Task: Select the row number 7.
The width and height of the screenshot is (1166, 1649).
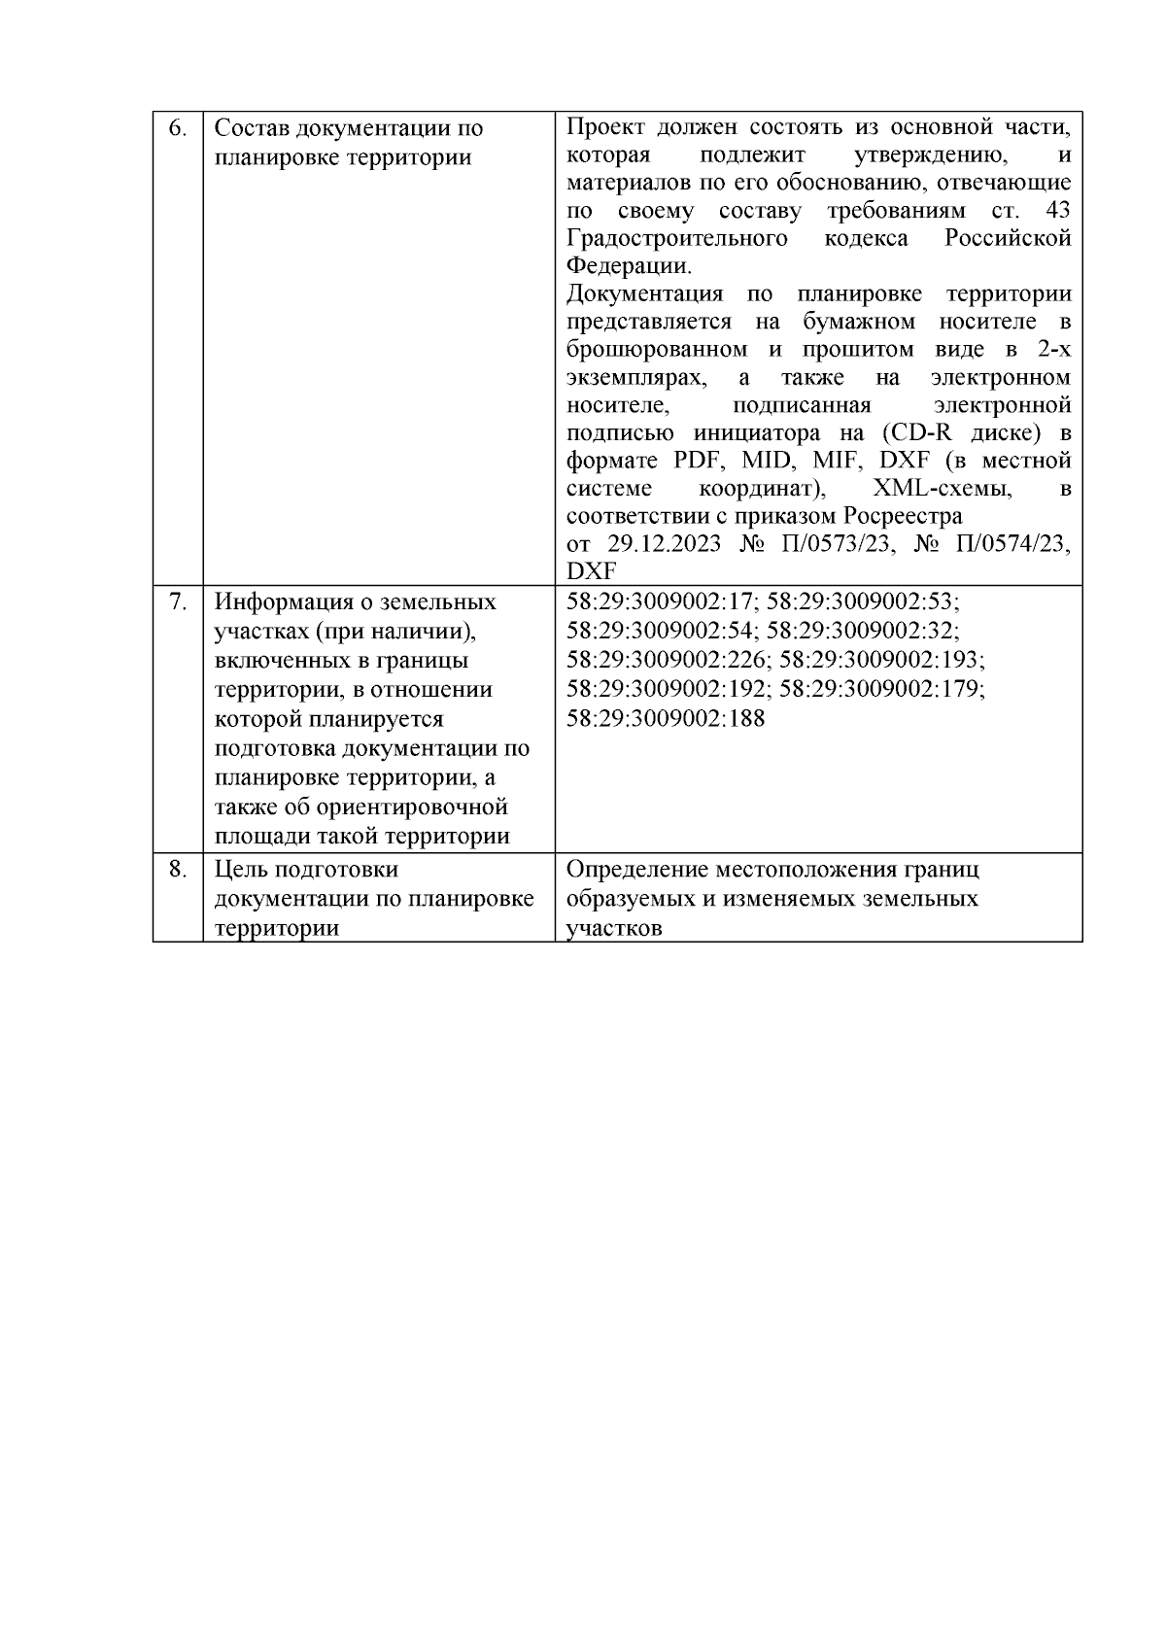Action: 177,602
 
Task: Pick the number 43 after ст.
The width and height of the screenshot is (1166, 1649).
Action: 1057,211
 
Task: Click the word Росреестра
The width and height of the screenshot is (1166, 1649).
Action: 903,516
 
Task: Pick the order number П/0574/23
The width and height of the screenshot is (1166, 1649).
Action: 1011,544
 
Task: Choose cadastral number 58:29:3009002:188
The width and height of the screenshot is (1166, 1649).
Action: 666,719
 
